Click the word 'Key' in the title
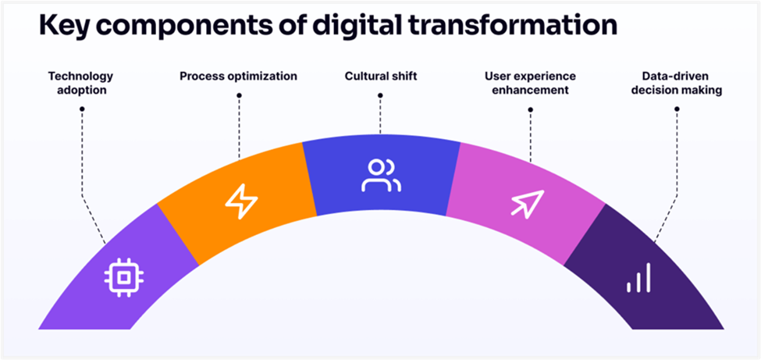(63, 26)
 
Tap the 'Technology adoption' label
(80, 83)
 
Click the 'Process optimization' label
(238, 77)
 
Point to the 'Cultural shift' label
(380, 77)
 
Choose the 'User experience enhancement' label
(530, 83)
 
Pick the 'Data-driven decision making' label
(676, 83)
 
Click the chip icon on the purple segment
(124, 277)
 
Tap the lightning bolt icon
(242, 201)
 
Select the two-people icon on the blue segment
(381, 175)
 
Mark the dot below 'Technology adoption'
(82, 109)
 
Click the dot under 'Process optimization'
(239, 95)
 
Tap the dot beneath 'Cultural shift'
(380, 95)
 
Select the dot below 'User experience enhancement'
(530, 109)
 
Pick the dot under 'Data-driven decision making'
(677, 109)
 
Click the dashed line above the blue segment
(380, 116)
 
